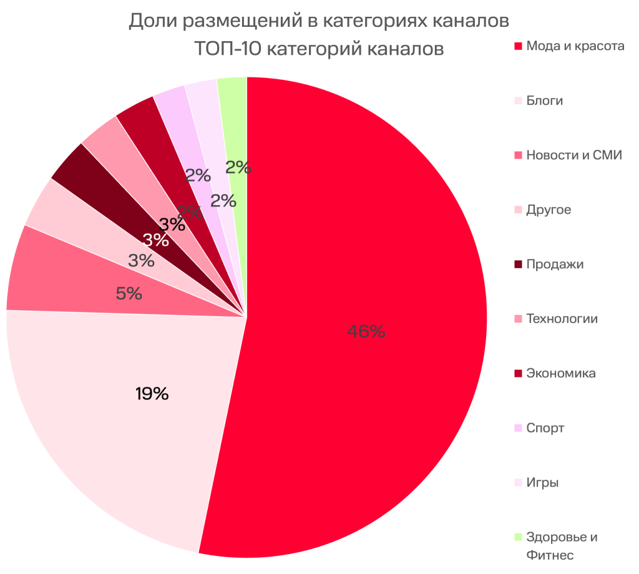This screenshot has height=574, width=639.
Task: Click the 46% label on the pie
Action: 366,332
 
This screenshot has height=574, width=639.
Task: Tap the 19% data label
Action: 152,394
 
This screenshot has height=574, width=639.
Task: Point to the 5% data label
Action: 129,293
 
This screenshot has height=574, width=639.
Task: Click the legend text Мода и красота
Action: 575,46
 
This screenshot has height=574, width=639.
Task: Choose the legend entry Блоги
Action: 544,100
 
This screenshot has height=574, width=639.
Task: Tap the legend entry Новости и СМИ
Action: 574,155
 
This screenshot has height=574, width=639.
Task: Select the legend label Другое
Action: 548,210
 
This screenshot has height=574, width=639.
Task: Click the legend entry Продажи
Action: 555,264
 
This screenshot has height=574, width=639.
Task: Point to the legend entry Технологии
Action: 562,319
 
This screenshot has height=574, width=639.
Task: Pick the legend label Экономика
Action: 560,373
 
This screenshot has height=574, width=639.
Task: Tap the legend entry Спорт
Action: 545,428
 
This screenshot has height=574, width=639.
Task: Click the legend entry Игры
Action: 542,482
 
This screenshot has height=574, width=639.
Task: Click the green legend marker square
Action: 517,537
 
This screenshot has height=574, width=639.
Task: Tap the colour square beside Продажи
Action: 517,264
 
